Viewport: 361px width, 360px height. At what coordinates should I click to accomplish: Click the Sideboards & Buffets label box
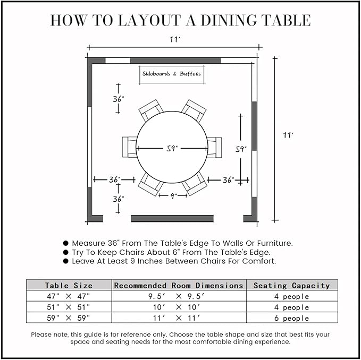click(172, 74)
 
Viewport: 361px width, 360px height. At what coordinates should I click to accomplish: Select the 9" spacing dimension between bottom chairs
click(173, 195)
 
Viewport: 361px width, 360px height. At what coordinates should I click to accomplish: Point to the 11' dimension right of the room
click(288, 135)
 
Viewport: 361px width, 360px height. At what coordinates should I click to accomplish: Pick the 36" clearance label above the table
click(118, 99)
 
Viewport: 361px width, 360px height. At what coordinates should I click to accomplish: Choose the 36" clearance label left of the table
click(114, 180)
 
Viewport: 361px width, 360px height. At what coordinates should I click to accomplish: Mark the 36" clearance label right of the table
click(228, 180)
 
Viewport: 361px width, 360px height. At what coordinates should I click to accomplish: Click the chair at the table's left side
click(129, 147)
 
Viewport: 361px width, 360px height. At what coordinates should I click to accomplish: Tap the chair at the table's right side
click(215, 147)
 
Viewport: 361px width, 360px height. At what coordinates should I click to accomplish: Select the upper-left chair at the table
click(150, 110)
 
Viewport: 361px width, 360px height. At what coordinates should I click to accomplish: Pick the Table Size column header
click(69, 285)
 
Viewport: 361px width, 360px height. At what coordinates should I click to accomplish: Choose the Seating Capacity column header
click(291, 285)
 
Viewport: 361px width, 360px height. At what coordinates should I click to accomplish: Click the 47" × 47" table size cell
click(69, 296)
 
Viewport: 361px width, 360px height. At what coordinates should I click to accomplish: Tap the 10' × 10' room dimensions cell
click(179, 307)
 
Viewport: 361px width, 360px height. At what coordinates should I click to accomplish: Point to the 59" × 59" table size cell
click(69, 318)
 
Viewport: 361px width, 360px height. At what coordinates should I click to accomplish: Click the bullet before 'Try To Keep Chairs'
click(66, 252)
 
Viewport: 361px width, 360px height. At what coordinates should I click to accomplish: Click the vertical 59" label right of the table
click(241, 150)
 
